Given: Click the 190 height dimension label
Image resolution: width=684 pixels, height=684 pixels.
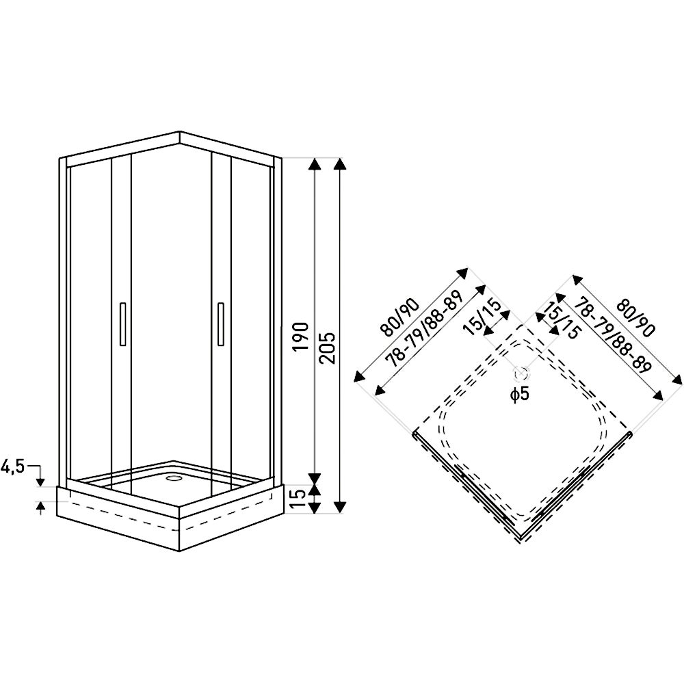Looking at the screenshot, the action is pos(302,336).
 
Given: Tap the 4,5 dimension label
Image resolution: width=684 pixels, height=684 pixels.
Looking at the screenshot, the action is pos(12,467).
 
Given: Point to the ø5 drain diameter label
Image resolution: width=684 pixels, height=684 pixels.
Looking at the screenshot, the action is pos(520,394).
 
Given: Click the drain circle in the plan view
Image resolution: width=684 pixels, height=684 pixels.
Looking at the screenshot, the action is pos(521,373).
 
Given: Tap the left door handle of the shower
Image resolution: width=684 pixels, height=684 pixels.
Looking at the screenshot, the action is pos(122,324).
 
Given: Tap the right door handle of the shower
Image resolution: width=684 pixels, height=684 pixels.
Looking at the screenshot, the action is pos(221,324).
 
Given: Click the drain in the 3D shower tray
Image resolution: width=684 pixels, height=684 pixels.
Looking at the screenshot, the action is pos(174,477).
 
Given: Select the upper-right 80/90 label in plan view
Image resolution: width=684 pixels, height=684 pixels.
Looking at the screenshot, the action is pos(635,318).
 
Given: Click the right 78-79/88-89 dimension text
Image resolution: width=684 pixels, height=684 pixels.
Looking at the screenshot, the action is pos(611,334).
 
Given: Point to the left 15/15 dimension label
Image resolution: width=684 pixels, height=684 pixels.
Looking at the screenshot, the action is pos(483,317).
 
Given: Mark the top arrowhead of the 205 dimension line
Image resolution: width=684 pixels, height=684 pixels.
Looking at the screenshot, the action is pos(341,163).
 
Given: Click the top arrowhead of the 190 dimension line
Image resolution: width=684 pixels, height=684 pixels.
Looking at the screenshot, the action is pos(314,163).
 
